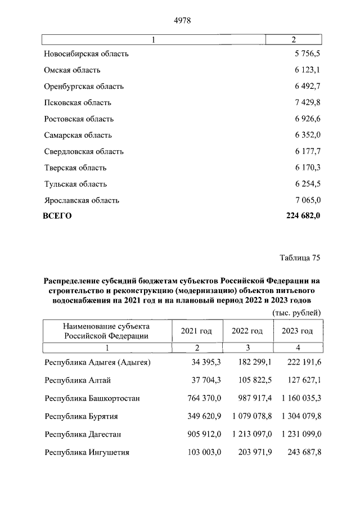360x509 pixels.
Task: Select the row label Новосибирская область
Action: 86,54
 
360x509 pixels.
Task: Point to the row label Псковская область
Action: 78,103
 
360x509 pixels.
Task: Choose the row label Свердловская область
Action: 84,152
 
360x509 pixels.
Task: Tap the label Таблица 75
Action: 300,258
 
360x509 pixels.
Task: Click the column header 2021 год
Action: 196,331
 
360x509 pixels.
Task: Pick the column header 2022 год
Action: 247,331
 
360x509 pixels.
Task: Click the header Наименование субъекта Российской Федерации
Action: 106,331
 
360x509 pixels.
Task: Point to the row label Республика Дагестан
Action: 83,435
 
